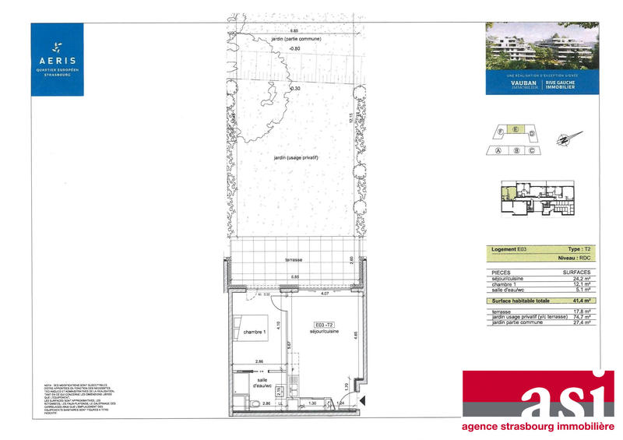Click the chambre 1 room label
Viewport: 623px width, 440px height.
pos(254,333)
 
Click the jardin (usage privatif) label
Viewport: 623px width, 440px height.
pos(297,158)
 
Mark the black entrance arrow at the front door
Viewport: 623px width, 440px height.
pos(362,400)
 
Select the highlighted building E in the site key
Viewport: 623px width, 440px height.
pos(512,132)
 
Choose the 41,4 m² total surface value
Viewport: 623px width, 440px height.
pos(579,300)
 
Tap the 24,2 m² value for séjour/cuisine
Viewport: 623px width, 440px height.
pos(579,276)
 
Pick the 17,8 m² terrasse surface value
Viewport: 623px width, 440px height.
pos(579,311)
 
